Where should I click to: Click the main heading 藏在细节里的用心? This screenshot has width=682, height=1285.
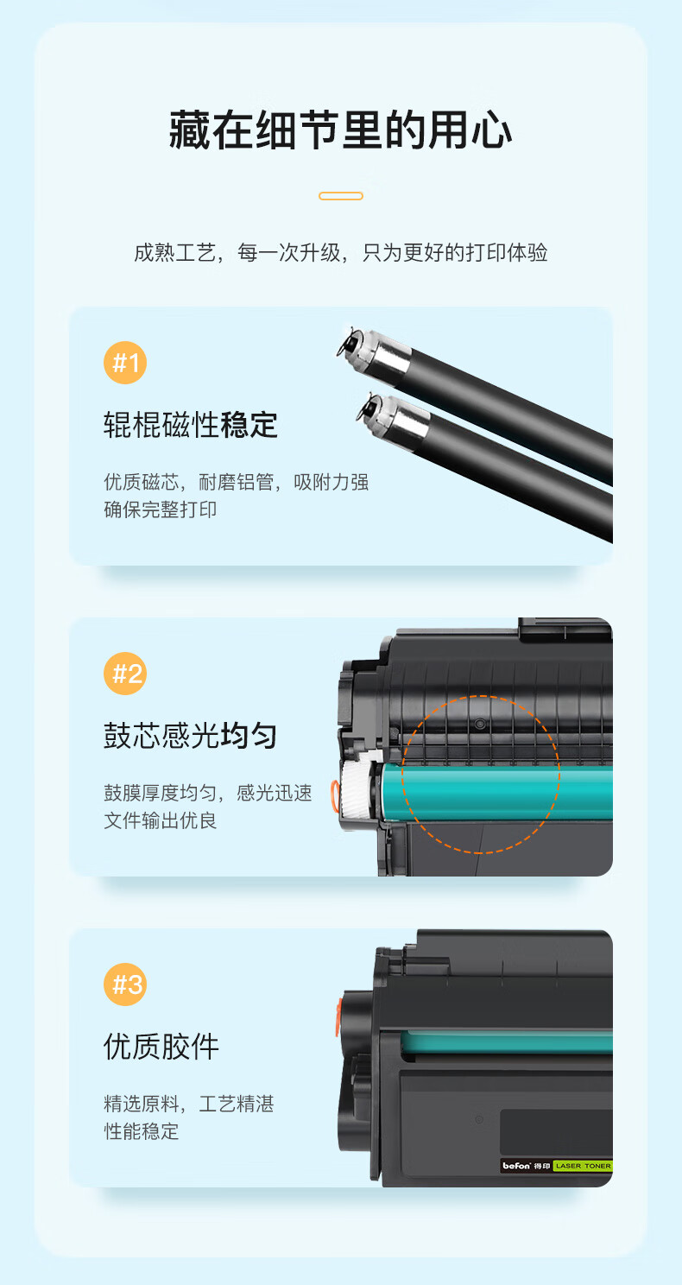coord(340,130)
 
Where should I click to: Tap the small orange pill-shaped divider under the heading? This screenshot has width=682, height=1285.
coord(341,196)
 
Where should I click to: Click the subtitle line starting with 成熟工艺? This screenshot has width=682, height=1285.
coord(341,252)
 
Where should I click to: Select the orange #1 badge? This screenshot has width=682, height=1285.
coord(125,363)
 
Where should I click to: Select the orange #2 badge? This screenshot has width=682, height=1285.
coord(125,674)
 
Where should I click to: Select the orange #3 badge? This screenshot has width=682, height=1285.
coord(125,984)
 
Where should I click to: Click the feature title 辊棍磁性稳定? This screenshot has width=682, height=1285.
coord(191,425)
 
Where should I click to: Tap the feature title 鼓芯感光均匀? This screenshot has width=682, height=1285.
coord(191,736)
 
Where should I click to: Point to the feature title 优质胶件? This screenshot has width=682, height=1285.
coord(161,1047)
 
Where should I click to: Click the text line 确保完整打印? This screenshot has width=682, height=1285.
coord(161,510)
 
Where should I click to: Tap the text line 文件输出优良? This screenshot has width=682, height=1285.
coord(161,820)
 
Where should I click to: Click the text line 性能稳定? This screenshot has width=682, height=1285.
coord(142,1131)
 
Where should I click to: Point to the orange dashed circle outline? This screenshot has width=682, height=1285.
coord(402,775)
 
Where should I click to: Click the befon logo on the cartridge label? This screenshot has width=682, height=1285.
coord(516,1166)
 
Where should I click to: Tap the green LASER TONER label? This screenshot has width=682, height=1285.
coord(583,1166)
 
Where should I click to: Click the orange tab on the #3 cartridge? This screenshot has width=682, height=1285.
coord(339,1016)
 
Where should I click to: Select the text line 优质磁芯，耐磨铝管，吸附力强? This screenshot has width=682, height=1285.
coord(237,482)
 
